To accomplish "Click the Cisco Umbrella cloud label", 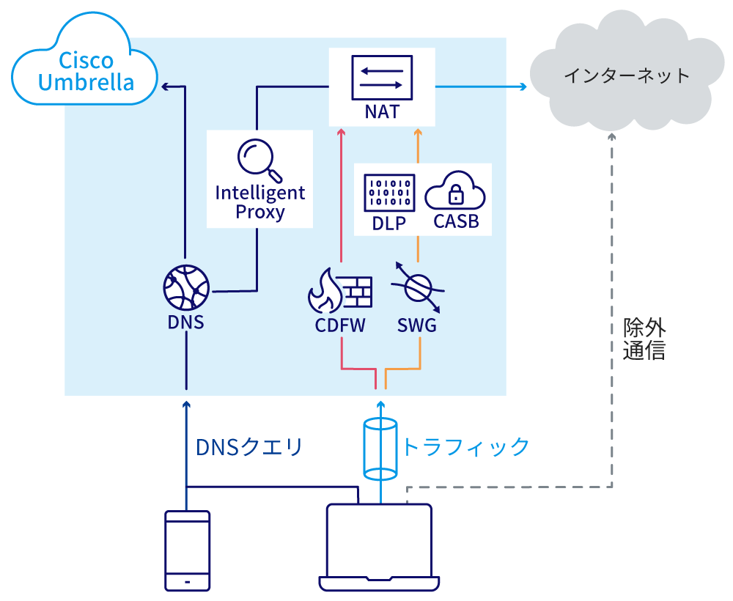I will [86, 71].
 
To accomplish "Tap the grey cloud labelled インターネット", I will [626, 75].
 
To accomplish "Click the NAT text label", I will [381, 112].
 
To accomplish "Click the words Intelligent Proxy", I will [260, 202].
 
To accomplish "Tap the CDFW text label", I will [339, 325].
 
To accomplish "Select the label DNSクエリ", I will [249, 446].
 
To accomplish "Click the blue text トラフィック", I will [465, 446].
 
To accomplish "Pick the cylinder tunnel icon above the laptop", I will [380, 446].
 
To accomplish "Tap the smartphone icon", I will [187, 550].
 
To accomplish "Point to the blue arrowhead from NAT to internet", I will [523, 87].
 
